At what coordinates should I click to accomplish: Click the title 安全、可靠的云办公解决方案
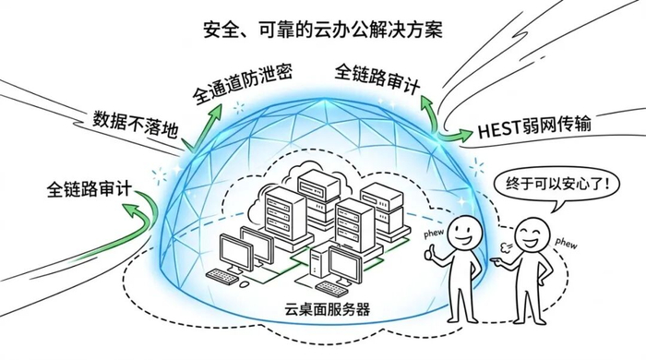(323, 30)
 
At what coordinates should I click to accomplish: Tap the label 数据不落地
(136, 124)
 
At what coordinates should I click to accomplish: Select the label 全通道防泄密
(243, 84)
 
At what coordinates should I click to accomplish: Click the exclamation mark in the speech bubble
(604, 184)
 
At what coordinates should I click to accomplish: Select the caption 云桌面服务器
(327, 308)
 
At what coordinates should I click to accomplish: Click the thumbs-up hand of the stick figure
(431, 252)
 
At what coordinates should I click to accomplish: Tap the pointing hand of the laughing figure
(497, 261)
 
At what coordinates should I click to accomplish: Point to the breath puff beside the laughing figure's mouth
(505, 247)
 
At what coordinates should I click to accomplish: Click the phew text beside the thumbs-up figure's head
(434, 234)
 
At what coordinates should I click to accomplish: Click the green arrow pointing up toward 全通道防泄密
(204, 126)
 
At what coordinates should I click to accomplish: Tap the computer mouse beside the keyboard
(245, 284)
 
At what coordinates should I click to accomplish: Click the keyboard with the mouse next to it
(222, 276)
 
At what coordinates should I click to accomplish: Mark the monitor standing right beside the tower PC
(345, 267)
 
